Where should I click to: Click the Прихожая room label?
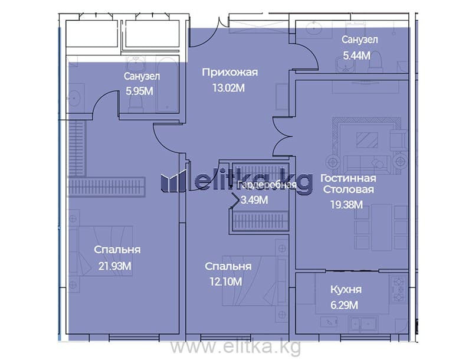[x=230, y=73]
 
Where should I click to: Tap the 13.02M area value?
[x=228, y=88]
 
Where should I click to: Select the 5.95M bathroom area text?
[x=139, y=91]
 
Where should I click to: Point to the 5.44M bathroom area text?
[x=357, y=55]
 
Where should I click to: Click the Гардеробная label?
[x=267, y=185]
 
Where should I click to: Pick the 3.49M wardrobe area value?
[x=254, y=200]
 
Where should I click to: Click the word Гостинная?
[x=348, y=178]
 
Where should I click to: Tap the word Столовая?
[x=348, y=189]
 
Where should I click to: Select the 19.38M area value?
[x=346, y=205]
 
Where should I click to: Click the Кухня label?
[x=346, y=290]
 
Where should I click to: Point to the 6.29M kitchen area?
[x=345, y=305]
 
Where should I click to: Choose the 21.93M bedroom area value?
[x=114, y=266]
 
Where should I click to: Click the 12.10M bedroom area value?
[x=225, y=282]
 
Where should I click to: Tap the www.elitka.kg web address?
[x=235, y=347]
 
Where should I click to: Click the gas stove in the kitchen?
[x=399, y=289]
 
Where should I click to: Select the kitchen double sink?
[x=362, y=325]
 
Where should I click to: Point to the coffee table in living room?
[x=366, y=140]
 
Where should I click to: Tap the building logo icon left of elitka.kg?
[x=173, y=181]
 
